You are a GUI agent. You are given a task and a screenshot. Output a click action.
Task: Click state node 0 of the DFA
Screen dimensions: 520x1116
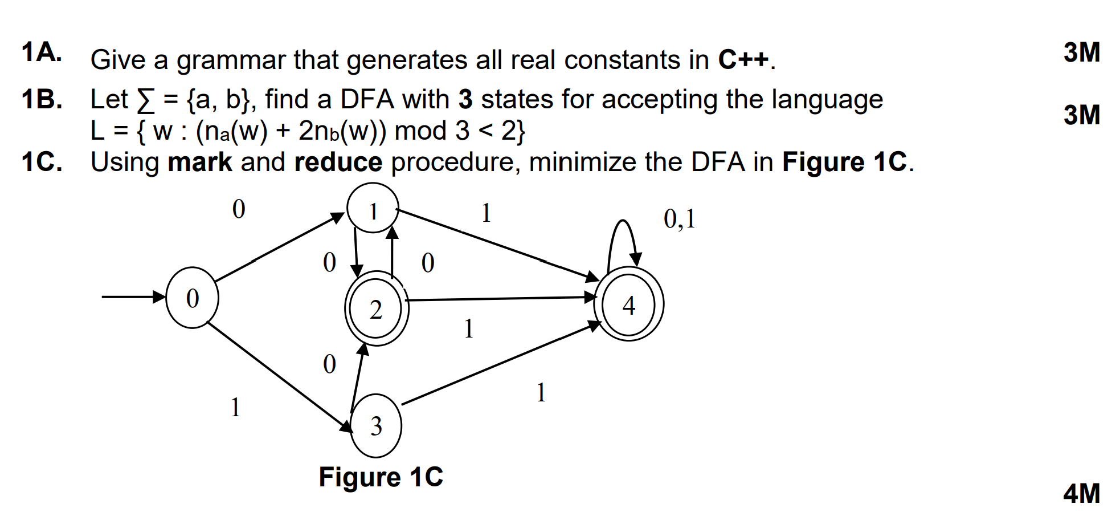192,298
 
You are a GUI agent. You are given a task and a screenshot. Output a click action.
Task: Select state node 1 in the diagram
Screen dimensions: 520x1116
373,209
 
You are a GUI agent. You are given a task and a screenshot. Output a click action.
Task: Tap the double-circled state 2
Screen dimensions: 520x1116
376,310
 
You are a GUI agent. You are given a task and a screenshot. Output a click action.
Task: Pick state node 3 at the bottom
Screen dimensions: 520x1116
376,425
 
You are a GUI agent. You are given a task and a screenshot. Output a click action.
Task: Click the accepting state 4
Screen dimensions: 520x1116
628,304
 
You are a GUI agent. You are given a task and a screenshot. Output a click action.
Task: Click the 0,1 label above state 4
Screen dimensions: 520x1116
679,218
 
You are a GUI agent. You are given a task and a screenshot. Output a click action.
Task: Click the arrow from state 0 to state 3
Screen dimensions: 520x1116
279,377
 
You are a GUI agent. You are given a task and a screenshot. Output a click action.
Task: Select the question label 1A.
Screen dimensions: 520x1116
41,52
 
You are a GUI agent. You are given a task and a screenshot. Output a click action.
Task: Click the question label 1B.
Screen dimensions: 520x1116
42,99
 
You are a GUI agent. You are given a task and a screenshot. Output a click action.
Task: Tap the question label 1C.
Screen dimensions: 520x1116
42,162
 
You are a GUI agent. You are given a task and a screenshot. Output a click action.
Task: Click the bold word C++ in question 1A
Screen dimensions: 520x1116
743,59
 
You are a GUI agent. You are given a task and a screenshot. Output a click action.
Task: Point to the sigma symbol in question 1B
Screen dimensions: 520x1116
146,100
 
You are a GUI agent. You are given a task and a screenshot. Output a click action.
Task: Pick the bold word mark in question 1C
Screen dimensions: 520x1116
199,162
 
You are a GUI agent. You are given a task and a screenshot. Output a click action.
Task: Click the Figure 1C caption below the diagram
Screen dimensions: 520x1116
381,477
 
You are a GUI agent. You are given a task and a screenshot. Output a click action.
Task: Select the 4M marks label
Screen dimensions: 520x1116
1081,493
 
